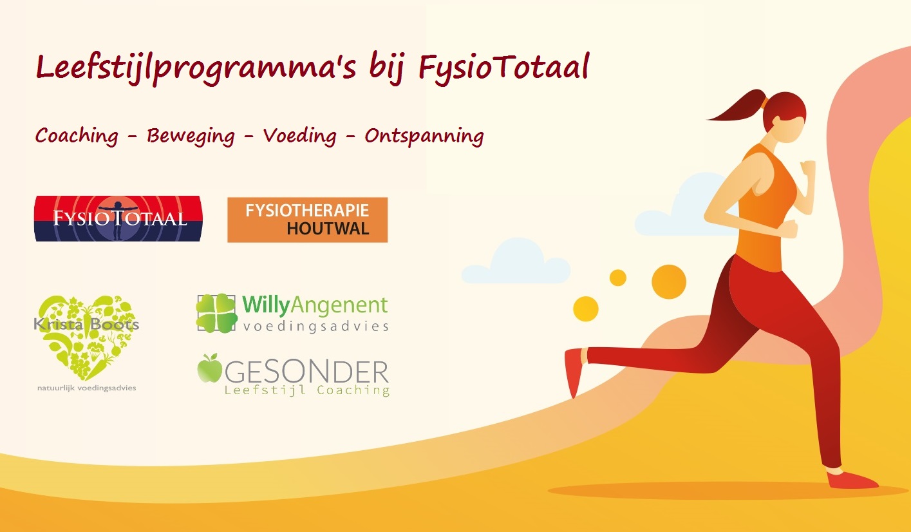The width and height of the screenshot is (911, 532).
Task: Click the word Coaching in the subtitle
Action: pyautogui.click(x=77, y=136)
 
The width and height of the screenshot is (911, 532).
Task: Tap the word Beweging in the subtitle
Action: pyautogui.click(x=191, y=136)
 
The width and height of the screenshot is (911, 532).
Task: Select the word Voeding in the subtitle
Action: pyautogui.click(x=300, y=136)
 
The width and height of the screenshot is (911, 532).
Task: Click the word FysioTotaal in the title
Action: pyautogui.click(x=504, y=68)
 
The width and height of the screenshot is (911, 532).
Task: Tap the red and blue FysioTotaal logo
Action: pyautogui.click(x=118, y=218)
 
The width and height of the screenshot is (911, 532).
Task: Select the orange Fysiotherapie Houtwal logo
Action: pyautogui.click(x=308, y=220)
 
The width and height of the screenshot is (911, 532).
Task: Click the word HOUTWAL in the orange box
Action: pyautogui.click(x=328, y=229)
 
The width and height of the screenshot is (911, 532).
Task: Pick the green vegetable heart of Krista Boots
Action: pyautogui.click(x=87, y=336)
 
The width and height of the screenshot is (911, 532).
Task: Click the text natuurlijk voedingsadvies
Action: pyautogui.click(x=87, y=388)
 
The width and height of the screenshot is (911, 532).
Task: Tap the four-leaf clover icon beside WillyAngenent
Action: pyautogui.click(x=216, y=313)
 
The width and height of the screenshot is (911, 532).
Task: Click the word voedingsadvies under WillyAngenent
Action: pyautogui.click(x=315, y=326)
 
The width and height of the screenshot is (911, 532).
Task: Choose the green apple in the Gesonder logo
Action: pyautogui.click(x=209, y=368)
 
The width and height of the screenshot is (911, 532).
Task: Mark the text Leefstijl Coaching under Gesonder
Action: pyautogui.click(x=307, y=390)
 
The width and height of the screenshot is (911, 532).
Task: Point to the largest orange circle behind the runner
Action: pyautogui.click(x=669, y=282)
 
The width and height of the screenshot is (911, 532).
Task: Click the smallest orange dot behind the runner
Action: pyautogui.click(x=618, y=278)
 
